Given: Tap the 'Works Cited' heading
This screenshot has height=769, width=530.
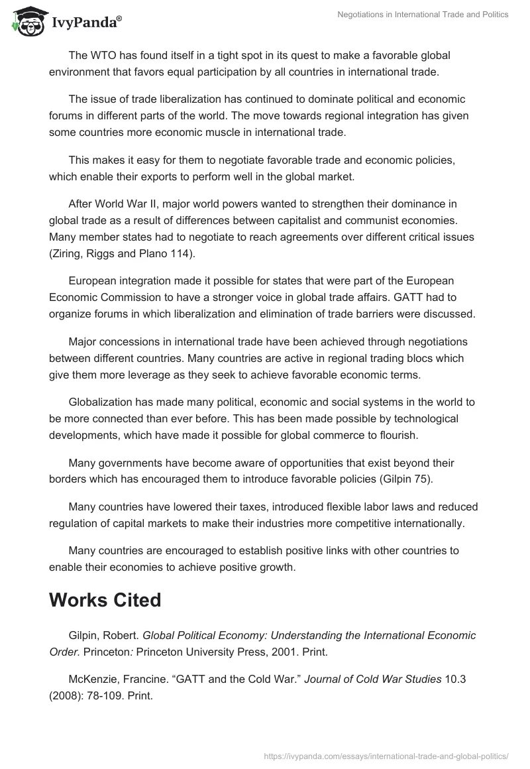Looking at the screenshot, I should (105, 600).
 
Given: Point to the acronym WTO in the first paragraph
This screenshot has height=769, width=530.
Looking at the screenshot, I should (103, 55).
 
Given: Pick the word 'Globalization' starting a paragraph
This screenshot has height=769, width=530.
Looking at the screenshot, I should (100, 402).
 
